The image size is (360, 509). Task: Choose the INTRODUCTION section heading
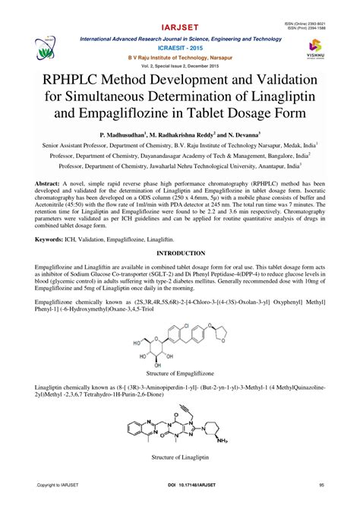click(x=179, y=251)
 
